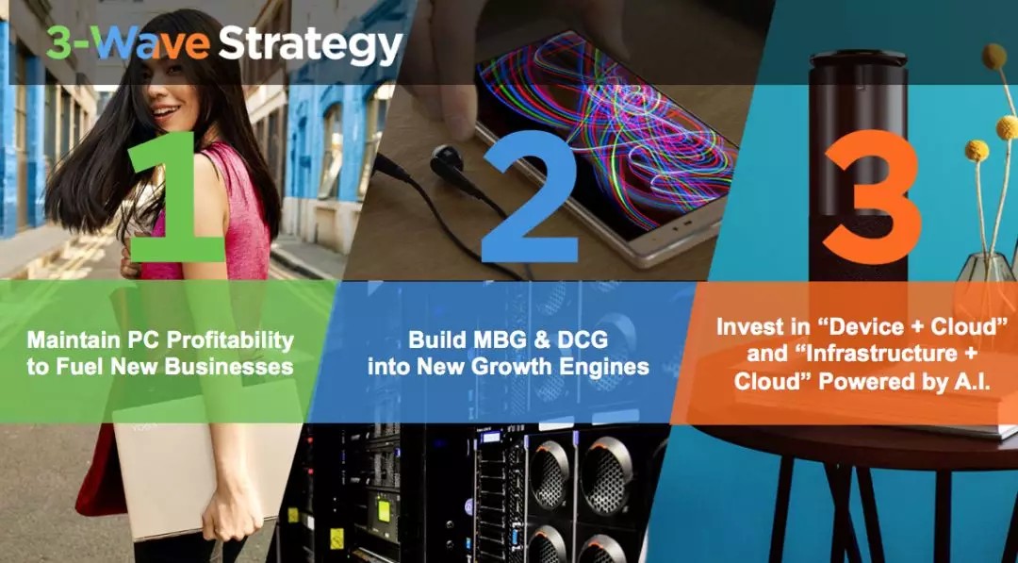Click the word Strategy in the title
(x=310, y=45)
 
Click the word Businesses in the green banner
(x=228, y=366)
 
